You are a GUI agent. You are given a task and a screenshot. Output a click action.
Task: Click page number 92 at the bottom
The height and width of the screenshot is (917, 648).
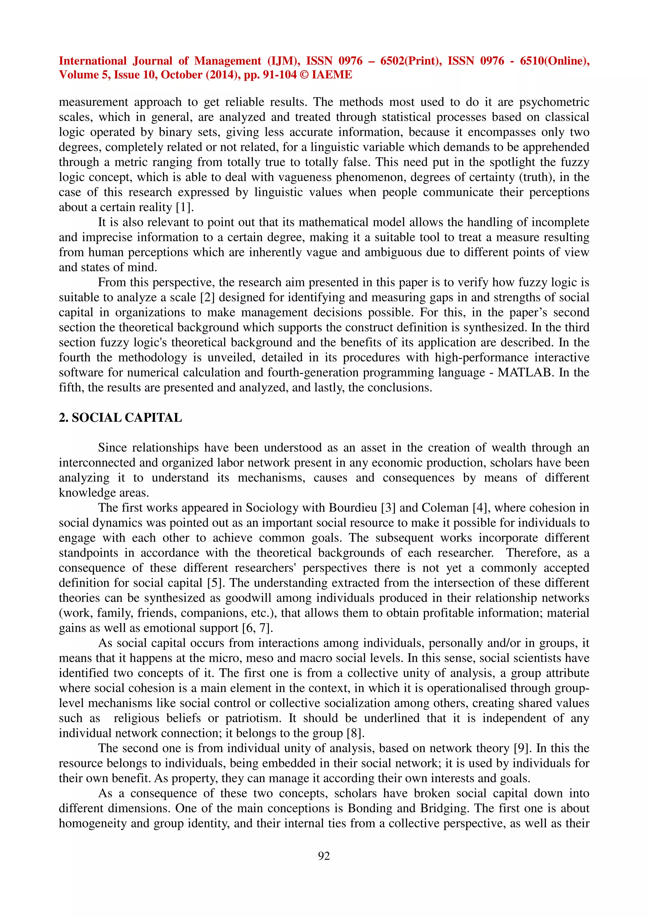(x=324, y=856)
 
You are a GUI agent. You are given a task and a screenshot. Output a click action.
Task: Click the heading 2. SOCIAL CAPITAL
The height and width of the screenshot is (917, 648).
(x=120, y=417)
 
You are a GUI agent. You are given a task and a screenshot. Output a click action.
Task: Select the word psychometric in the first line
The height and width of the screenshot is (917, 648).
(x=554, y=102)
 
